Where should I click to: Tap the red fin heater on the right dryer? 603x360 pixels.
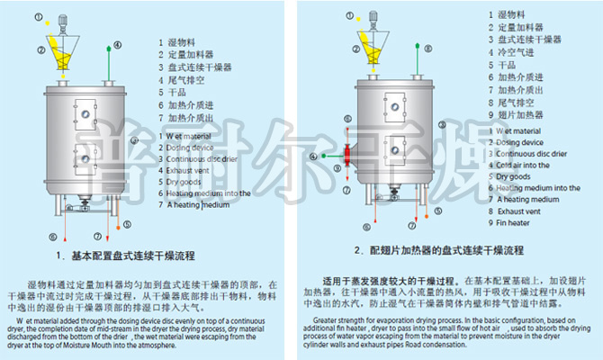click(x=346, y=155)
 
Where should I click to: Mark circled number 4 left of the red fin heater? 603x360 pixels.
click(x=312, y=156)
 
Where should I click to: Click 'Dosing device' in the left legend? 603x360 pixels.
click(x=193, y=146)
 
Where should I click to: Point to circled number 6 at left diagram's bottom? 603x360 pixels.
click(x=53, y=237)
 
